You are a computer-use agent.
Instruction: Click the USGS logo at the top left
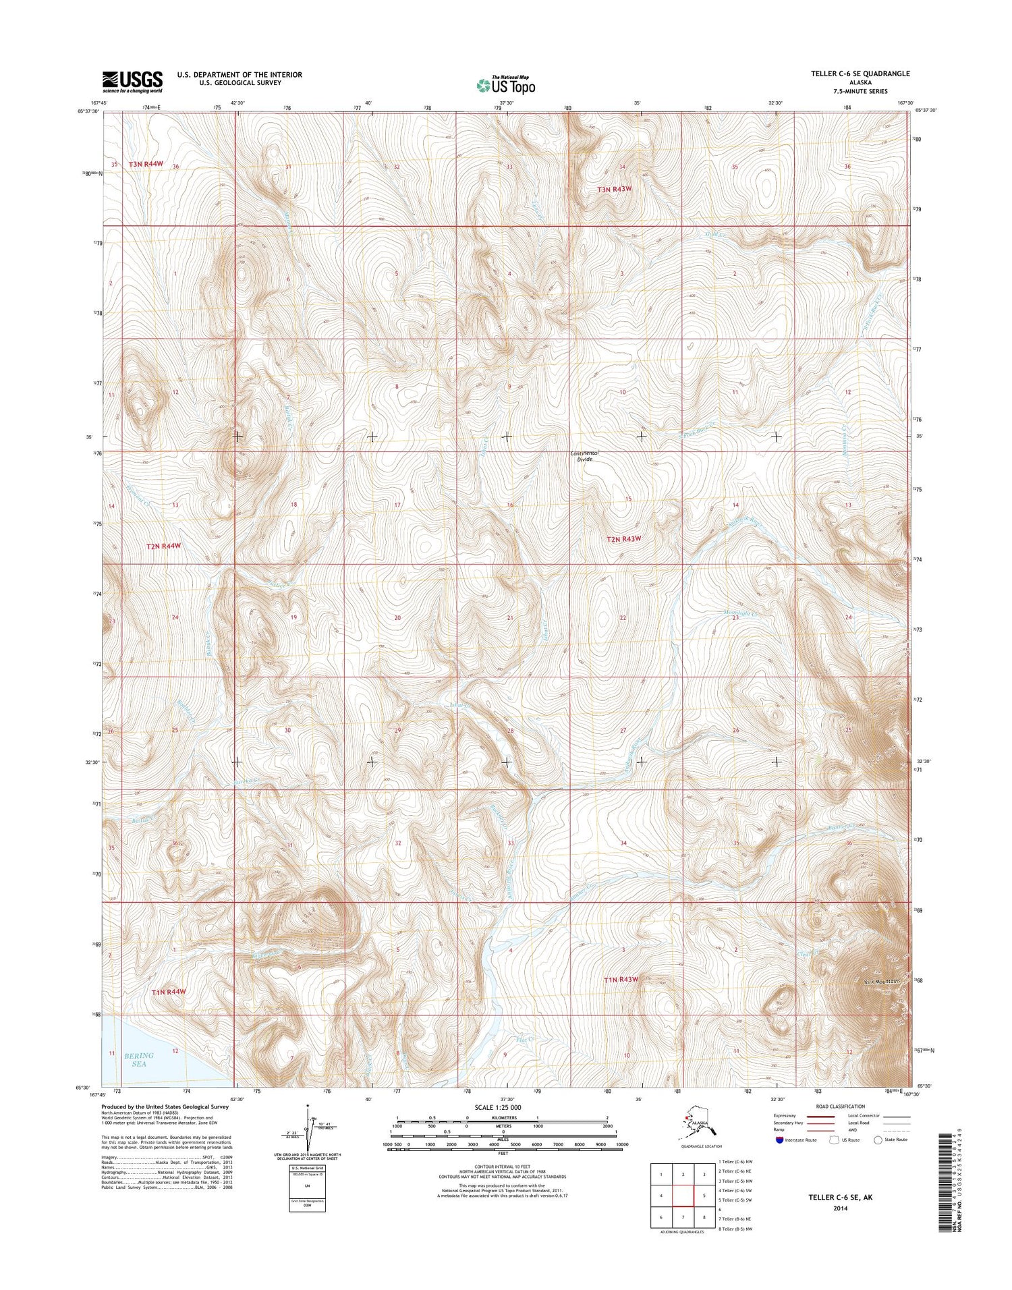tap(132, 81)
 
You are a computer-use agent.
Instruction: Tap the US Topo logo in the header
tap(505, 85)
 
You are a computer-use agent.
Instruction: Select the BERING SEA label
tap(138, 1059)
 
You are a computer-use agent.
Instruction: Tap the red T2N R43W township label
tap(623, 538)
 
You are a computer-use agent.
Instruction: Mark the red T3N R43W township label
tap(615, 190)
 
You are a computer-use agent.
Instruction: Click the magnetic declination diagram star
tap(308, 1106)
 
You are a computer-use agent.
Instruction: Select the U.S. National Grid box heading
tap(307, 1168)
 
